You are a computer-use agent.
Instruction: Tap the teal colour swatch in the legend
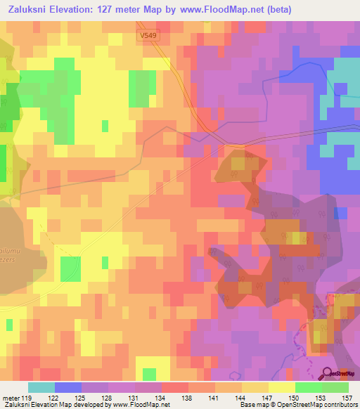41,387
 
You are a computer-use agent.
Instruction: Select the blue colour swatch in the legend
68,387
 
